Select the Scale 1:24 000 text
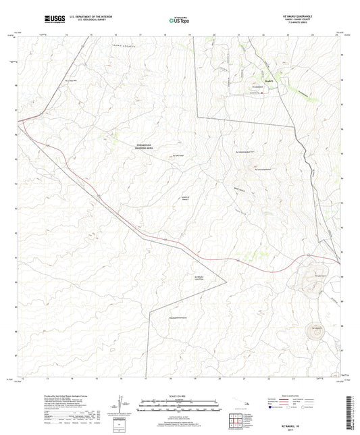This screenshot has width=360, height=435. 179,396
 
